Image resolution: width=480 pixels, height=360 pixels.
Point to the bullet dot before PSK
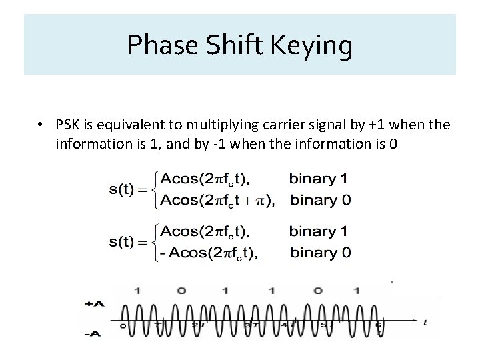[41, 125]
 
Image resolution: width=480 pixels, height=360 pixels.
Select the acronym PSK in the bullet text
[69, 125]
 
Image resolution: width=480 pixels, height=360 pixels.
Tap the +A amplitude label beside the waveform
[94, 303]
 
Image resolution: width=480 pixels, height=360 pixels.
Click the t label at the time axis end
[425, 321]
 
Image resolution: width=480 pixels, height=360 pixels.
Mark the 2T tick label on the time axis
[198, 325]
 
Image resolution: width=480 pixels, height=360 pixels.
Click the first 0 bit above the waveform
[180, 291]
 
